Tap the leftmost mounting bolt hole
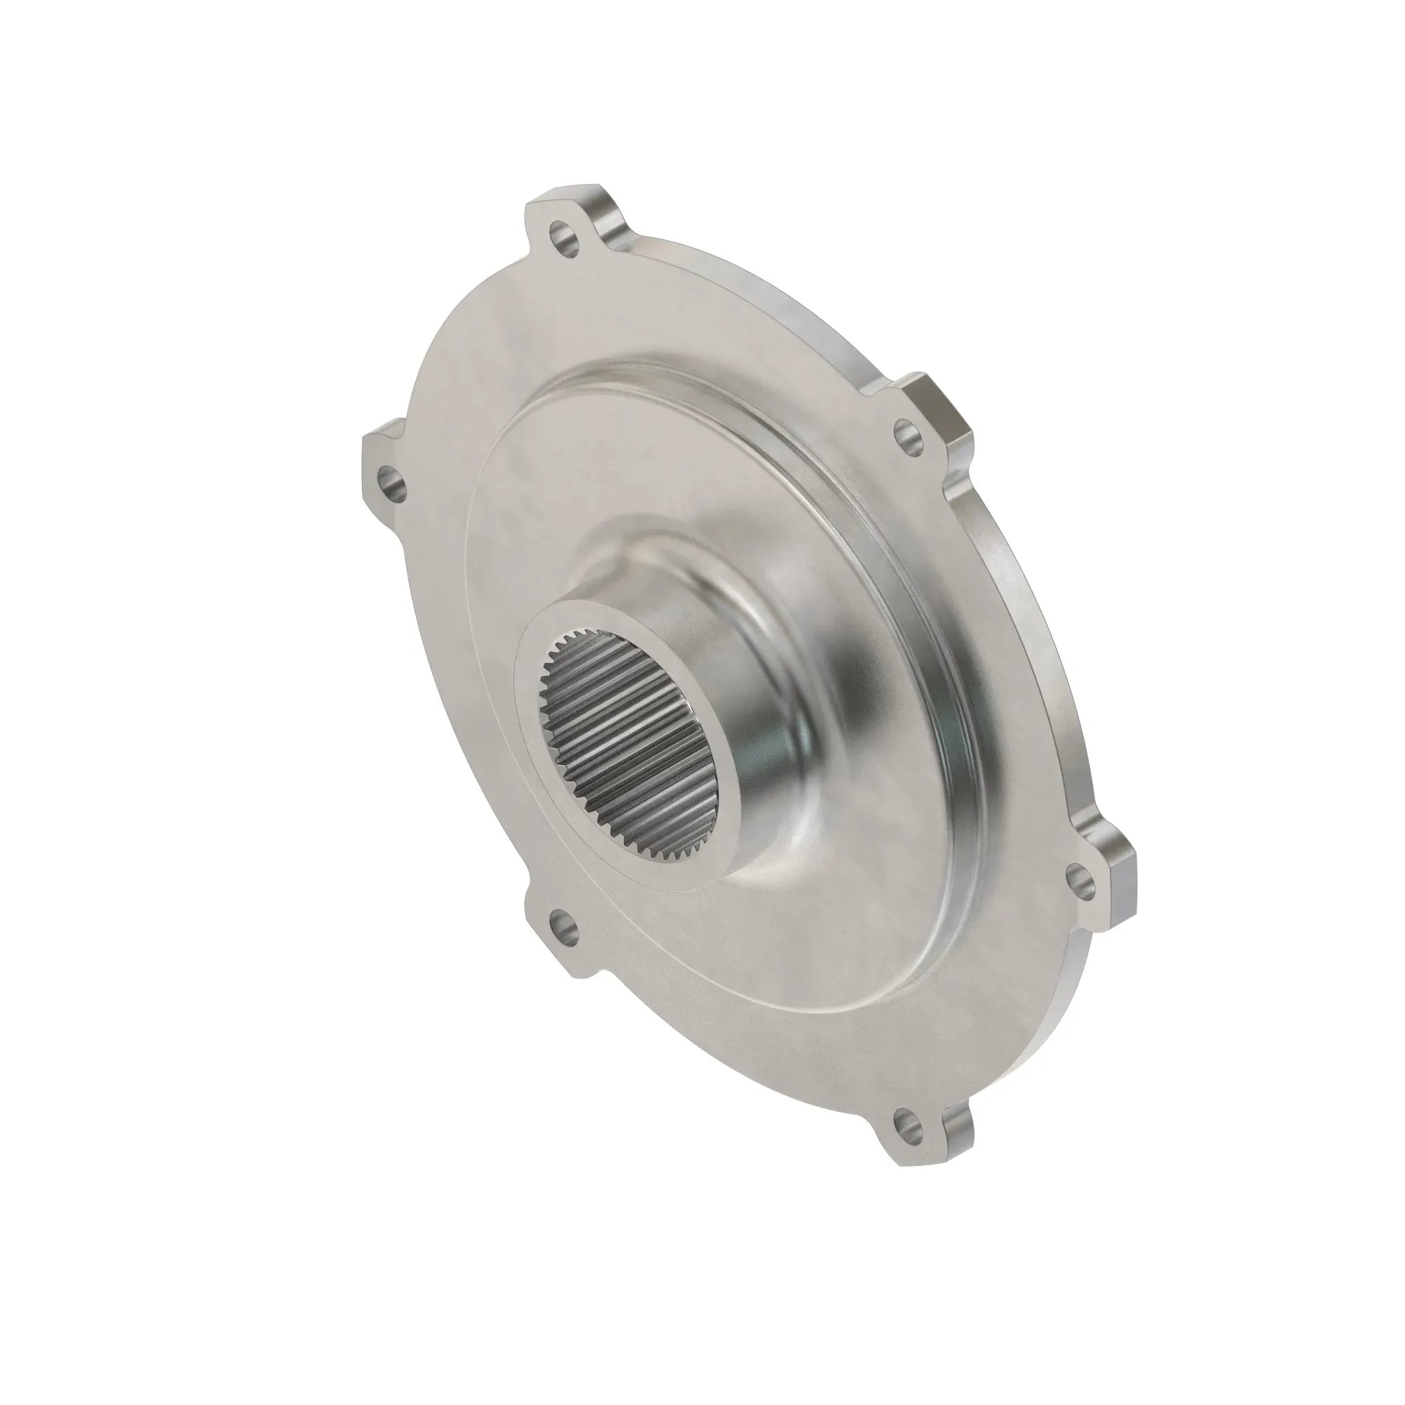388,481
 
